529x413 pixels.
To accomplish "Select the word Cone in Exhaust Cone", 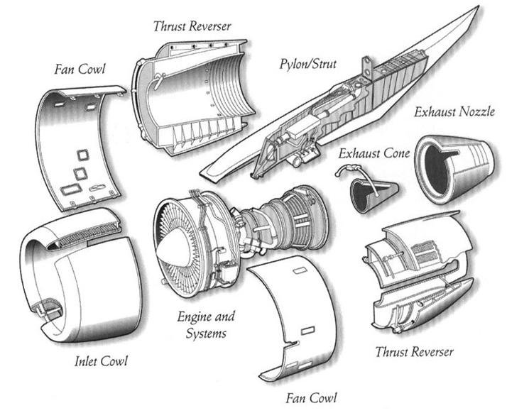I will (x=390, y=152).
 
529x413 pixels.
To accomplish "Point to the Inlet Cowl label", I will (x=101, y=361).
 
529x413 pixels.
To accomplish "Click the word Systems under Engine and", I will (x=205, y=333).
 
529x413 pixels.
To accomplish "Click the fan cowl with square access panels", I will (x=82, y=149).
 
